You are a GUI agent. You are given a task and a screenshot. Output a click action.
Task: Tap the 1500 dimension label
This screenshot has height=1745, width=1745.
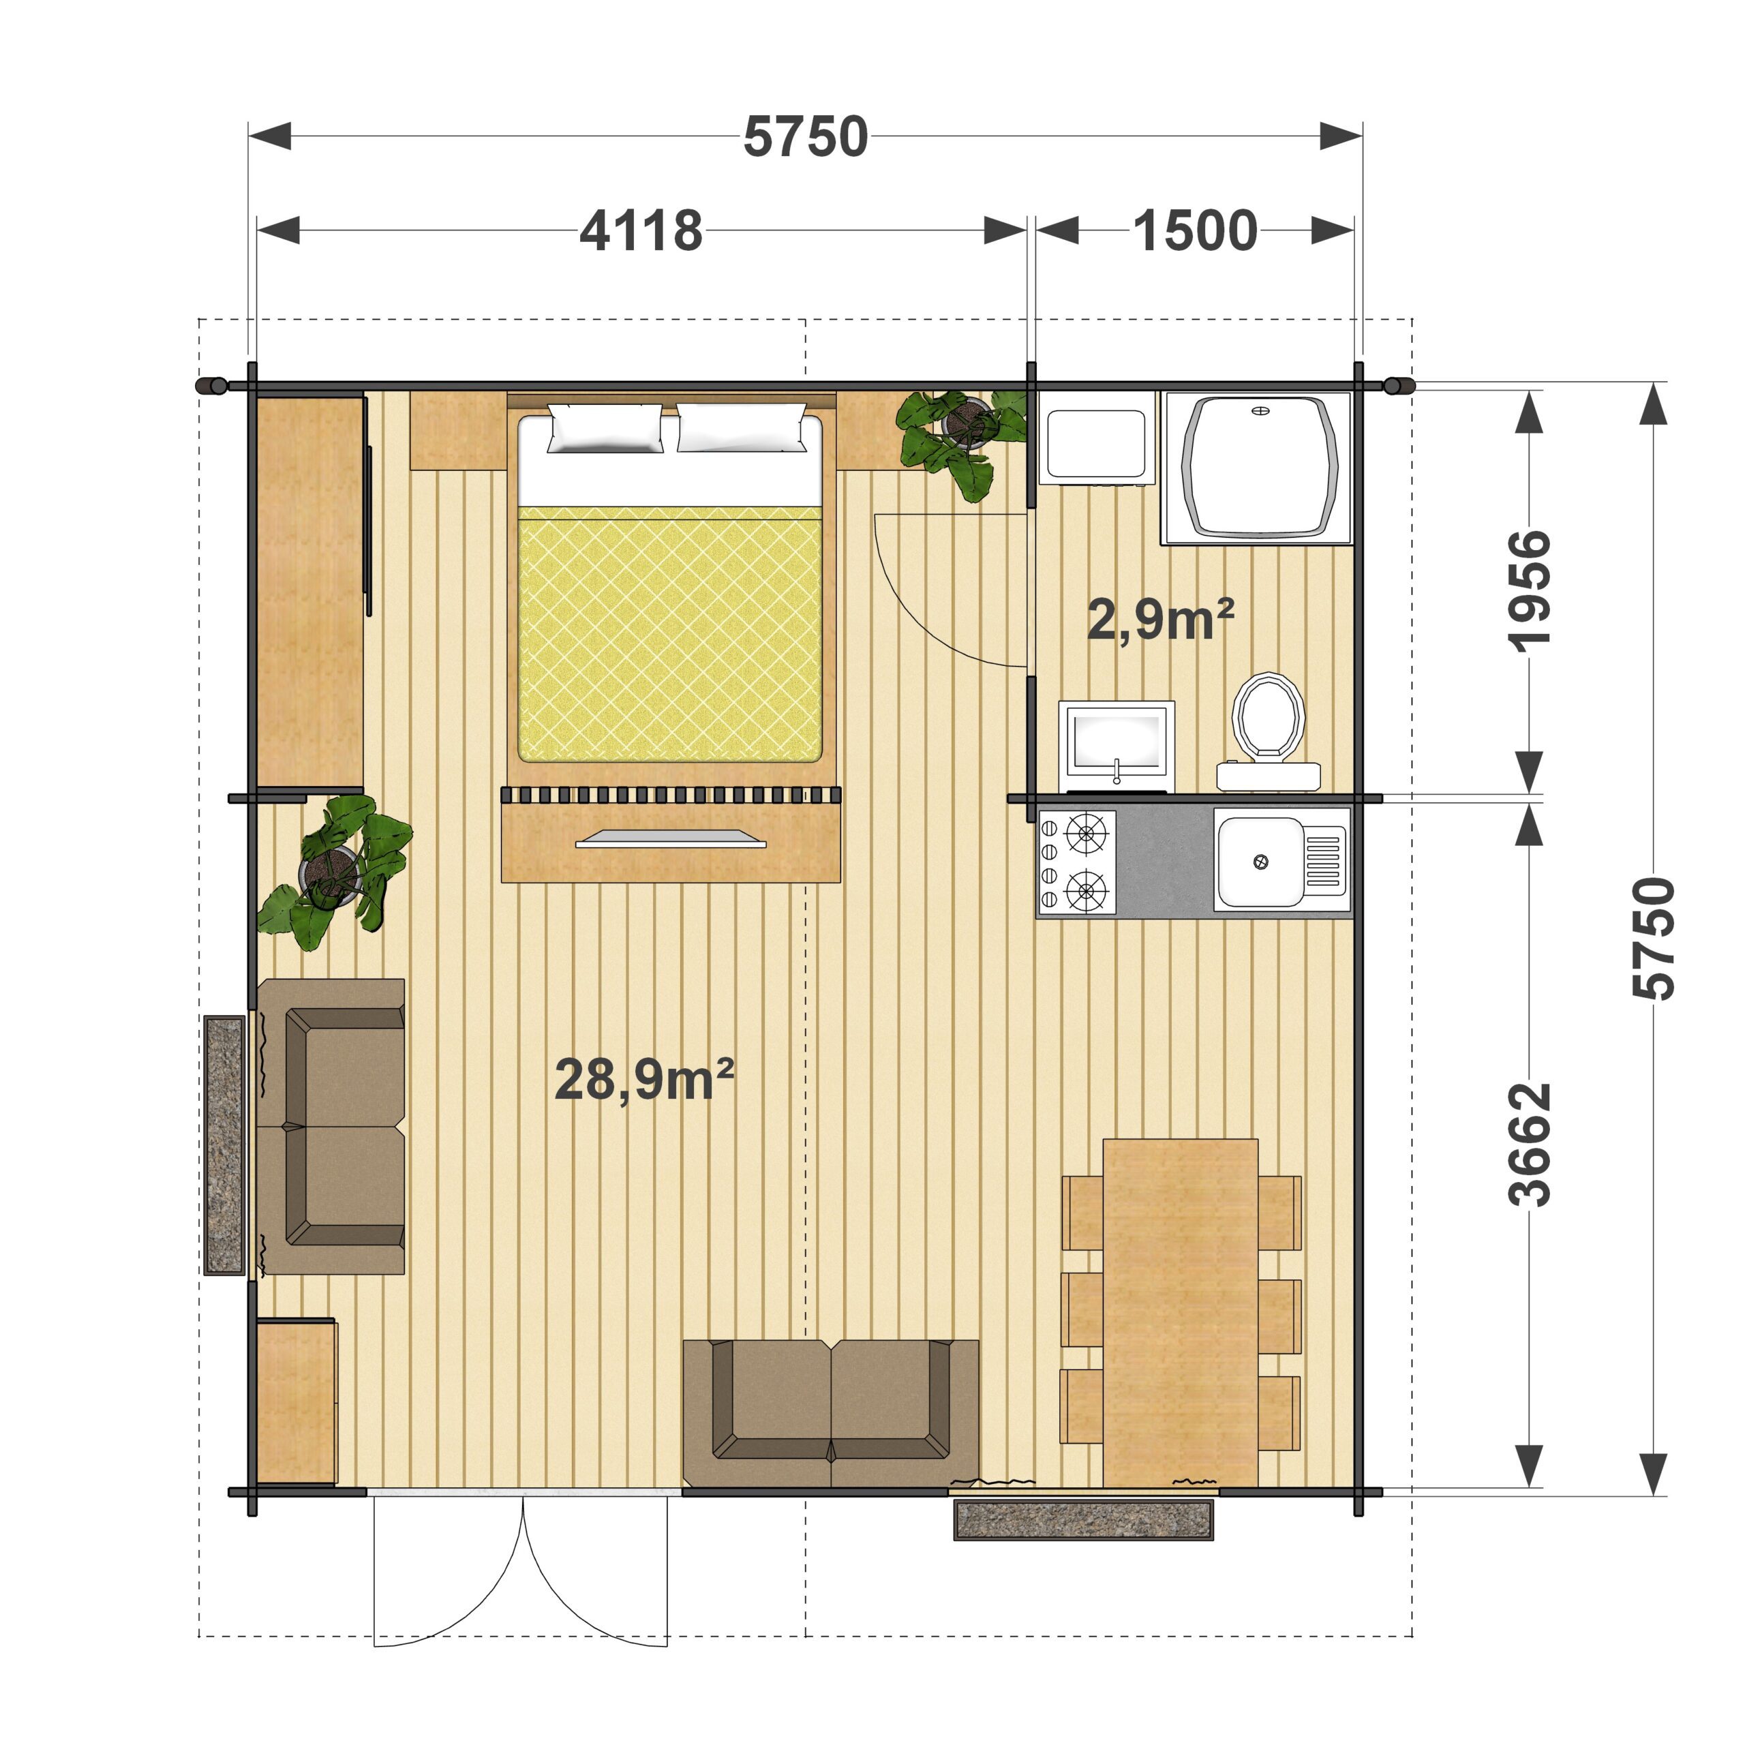coord(1194,230)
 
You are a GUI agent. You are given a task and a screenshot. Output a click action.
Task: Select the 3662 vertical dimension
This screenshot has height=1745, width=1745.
coord(1529,1144)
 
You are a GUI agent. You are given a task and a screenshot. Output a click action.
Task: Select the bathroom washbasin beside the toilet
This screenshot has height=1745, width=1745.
coord(1117,746)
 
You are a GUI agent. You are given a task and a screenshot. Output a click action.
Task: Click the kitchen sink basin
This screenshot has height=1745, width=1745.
coord(1260,862)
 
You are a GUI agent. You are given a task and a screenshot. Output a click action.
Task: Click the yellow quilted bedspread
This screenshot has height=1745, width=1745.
coord(669,634)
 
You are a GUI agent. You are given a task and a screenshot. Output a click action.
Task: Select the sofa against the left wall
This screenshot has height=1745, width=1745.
coord(331,1126)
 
